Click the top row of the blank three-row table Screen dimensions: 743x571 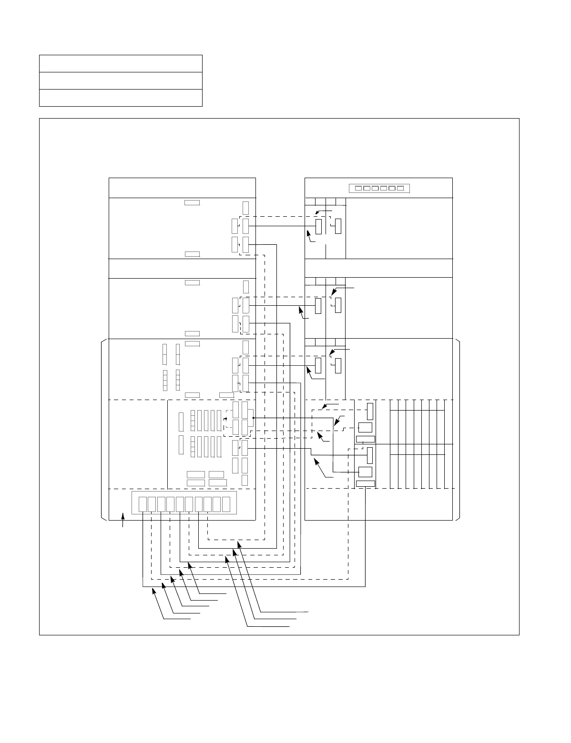pos(121,63)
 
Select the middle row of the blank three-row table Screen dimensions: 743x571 pos(121,80)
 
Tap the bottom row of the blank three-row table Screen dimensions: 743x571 pos(121,98)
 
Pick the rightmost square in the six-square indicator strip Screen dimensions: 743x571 pos(401,188)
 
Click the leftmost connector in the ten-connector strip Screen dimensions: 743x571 pos(142,504)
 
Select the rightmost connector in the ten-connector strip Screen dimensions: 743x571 pos(226,504)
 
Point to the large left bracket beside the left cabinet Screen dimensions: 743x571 pos(102,429)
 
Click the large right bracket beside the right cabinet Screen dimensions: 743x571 pos(458,429)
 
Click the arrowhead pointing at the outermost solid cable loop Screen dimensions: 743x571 pos(154,591)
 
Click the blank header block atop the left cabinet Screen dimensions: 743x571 pos(182,188)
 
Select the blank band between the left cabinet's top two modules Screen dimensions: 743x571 pos(182,268)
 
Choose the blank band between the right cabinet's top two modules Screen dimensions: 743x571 pos(378,268)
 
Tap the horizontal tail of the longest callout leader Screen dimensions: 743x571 pos(286,611)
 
